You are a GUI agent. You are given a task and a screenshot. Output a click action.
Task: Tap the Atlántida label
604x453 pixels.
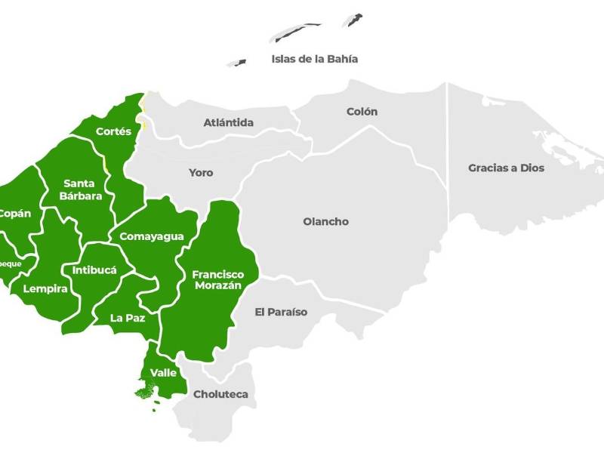(228, 122)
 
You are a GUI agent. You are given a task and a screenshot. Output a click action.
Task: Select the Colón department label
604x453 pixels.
(362, 112)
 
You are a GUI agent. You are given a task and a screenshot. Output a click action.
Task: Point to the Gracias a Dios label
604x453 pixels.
(506, 168)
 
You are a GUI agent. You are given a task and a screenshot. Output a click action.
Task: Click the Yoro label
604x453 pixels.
(201, 173)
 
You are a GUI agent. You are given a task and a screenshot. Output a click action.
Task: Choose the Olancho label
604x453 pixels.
(325, 222)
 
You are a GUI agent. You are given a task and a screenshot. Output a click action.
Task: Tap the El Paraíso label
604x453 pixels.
(281, 312)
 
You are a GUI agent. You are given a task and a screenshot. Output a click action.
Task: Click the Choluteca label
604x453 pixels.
(220, 394)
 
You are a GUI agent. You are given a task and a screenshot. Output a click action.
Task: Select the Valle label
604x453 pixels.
(163, 373)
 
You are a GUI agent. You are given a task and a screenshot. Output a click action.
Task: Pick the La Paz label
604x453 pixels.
(128, 318)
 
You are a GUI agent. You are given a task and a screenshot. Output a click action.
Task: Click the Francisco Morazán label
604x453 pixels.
(217, 280)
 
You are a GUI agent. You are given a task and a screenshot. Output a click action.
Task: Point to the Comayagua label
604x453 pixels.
(152, 236)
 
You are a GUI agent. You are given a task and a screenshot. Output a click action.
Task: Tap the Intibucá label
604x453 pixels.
(94, 270)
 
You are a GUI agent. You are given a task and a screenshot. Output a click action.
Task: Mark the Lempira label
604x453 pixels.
(45, 288)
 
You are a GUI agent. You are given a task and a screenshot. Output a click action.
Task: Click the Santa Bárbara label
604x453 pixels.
(79, 189)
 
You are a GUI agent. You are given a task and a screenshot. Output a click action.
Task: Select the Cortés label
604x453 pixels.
(113, 131)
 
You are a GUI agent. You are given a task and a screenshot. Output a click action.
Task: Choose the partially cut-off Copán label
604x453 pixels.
(15, 214)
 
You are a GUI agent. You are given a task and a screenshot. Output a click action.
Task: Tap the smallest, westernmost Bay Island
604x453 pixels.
(238, 63)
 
